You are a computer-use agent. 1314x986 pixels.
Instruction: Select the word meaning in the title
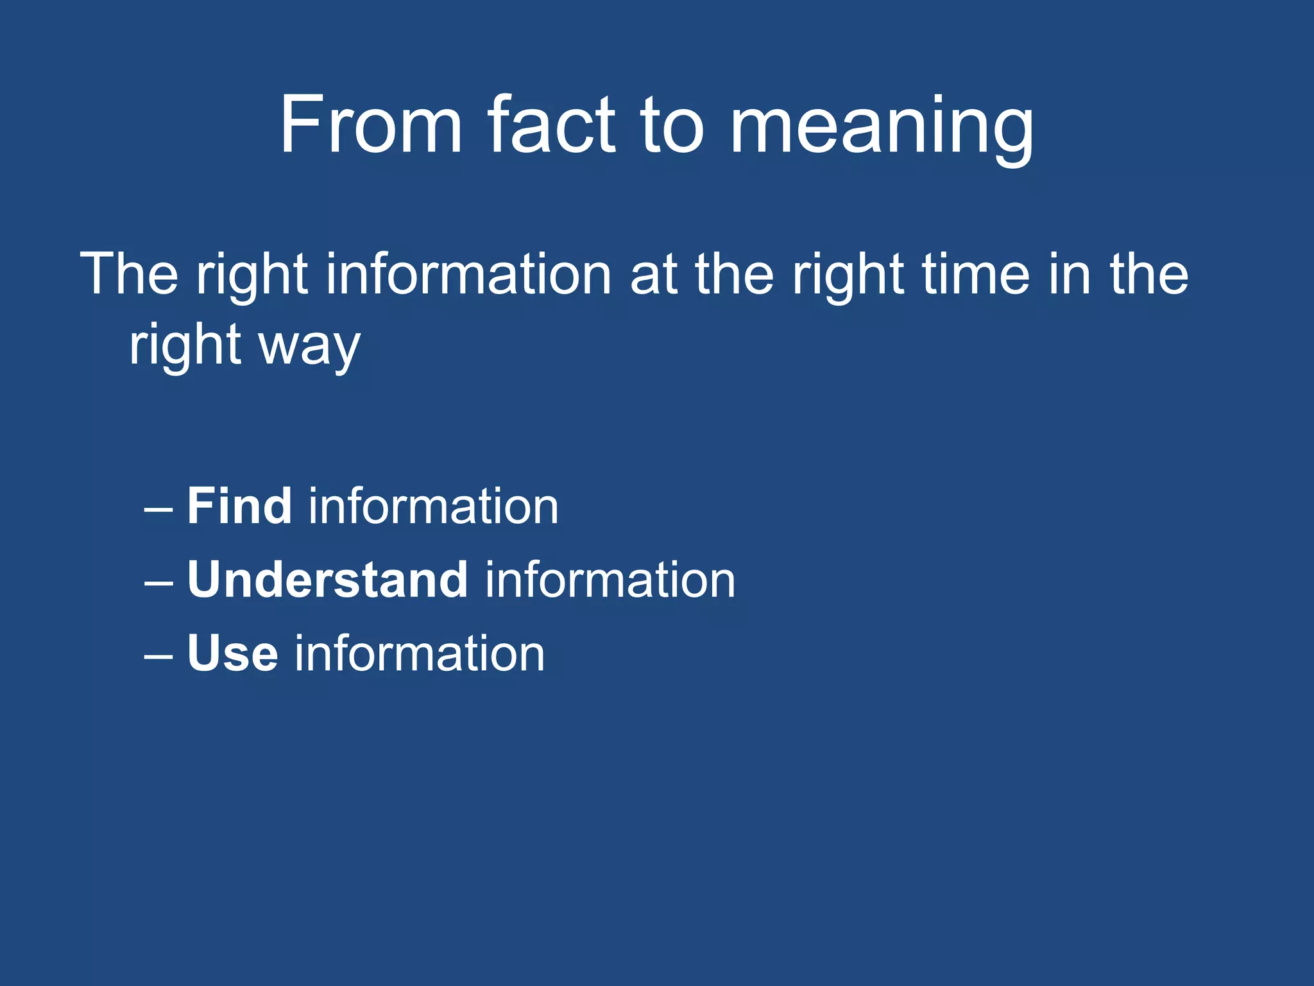pos(882,128)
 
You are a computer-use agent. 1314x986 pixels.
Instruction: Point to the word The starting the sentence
pos(129,274)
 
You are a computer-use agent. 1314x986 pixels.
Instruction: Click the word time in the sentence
pos(976,274)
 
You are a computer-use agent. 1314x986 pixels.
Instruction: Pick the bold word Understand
pos(327,580)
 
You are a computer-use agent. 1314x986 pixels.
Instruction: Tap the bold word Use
pos(233,653)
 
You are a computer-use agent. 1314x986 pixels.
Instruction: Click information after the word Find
pos(434,506)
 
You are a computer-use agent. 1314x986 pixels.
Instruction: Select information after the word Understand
pos(610,580)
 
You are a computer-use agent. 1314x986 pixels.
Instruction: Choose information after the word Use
pos(420,653)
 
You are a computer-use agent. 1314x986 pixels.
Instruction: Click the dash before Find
pos(158,509)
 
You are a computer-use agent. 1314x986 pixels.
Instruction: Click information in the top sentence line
pos(468,274)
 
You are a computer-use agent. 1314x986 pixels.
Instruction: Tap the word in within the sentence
pos(1070,274)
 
